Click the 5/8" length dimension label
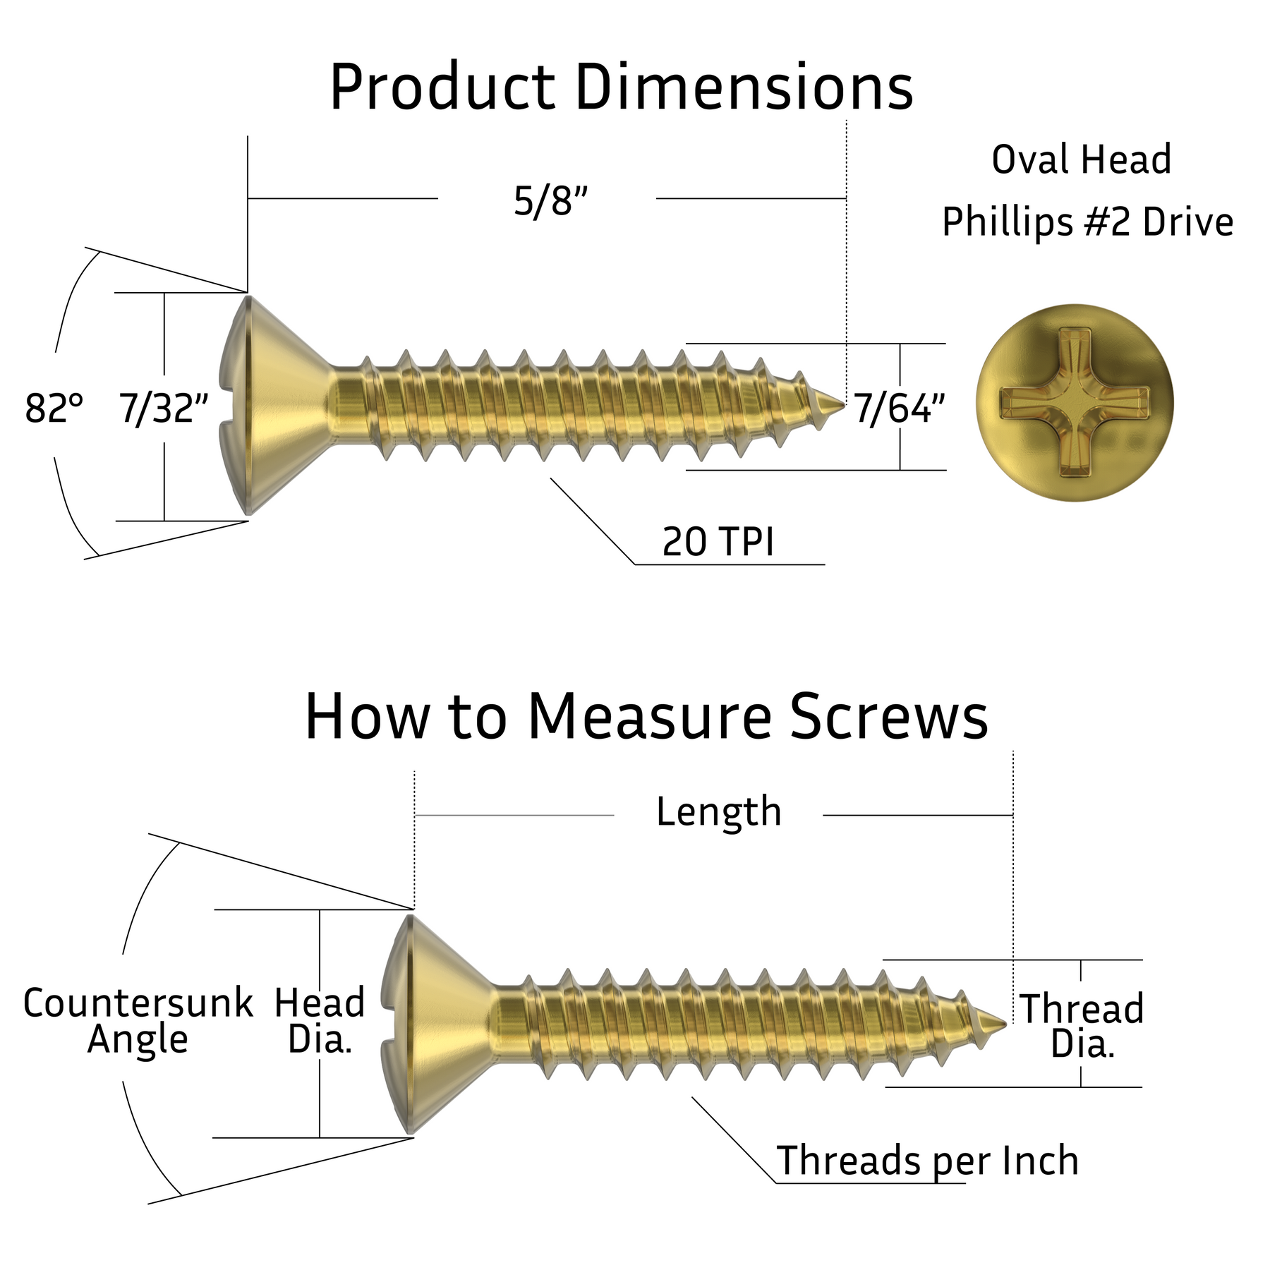[550, 202]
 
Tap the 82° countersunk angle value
[54, 409]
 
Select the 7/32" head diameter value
[164, 409]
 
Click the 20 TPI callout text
[718, 542]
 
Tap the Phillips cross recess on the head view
[1074, 403]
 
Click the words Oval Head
[1081, 159]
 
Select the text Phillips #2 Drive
[1087, 222]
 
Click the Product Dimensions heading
[621, 88]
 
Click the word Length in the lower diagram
[718, 811]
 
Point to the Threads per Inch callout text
[927, 1160]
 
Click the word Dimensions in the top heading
[744, 88]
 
